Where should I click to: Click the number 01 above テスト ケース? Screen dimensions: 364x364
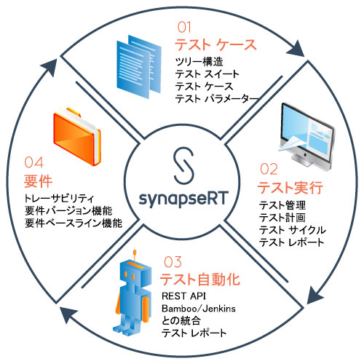tap(184, 27)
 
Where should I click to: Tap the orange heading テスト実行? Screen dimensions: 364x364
tap(290, 188)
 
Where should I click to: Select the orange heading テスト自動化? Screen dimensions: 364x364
tap(200, 279)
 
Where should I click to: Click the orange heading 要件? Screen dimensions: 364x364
tap(38, 181)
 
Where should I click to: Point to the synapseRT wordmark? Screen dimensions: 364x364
tap(183, 199)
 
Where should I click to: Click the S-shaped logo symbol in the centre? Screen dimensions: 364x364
tap(183, 165)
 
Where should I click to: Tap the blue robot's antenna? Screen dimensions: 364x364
tap(135, 256)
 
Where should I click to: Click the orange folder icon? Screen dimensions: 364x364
tap(77, 136)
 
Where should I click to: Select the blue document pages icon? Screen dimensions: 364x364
tap(139, 67)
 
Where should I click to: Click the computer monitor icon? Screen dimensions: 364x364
tap(307, 136)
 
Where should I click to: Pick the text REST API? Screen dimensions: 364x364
tap(183, 296)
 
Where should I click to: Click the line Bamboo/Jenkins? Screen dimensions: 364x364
tap(199, 309)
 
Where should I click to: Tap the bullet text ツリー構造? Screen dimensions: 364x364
tap(199, 62)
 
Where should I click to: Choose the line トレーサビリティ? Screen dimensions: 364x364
tap(59, 199)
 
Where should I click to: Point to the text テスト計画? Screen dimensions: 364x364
tap(282, 218)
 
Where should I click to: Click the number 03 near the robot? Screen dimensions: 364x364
tap(173, 262)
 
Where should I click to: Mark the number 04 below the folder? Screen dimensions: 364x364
tap(33, 162)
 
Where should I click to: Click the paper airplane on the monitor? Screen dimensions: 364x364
tap(291, 143)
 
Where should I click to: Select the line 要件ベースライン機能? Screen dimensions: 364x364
tap(74, 223)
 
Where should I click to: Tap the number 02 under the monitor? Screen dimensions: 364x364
tap(269, 169)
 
